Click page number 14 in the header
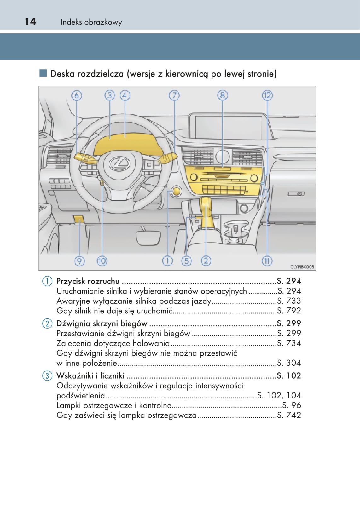tap(31, 21)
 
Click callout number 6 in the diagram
tap(76, 95)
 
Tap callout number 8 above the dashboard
tap(222, 95)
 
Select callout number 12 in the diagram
tap(267, 95)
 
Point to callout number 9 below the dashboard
tap(79, 261)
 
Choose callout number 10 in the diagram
tap(102, 261)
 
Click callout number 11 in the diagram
tap(267, 261)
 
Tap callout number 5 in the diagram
tap(186, 261)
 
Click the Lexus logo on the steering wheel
tap(119, 163)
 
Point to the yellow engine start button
tap(176, 191)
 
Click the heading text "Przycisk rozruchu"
tap(88, 281)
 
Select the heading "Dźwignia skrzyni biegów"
tap(102, 323)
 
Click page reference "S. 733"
tap(289, 301)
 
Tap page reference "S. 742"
tap(289, 415)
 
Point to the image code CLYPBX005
tap(302, 267)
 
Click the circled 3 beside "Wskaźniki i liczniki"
tap(47, 375)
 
